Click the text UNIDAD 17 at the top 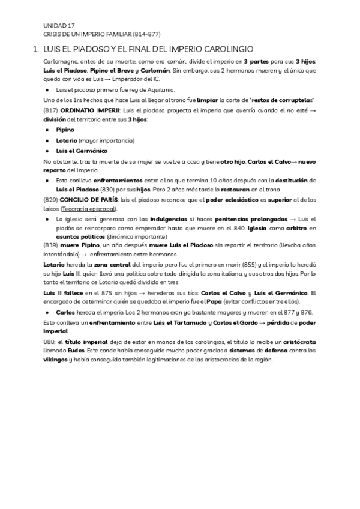click(59, 26)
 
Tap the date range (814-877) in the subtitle click(144, 34)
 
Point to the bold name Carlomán click(156, 70)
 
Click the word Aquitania click(143, 89)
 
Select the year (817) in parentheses click(51, 111)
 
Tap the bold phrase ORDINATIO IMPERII click(89, 111)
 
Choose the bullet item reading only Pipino click(65, 130)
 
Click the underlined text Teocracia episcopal click(89, 209)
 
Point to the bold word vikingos click(55, 360)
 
